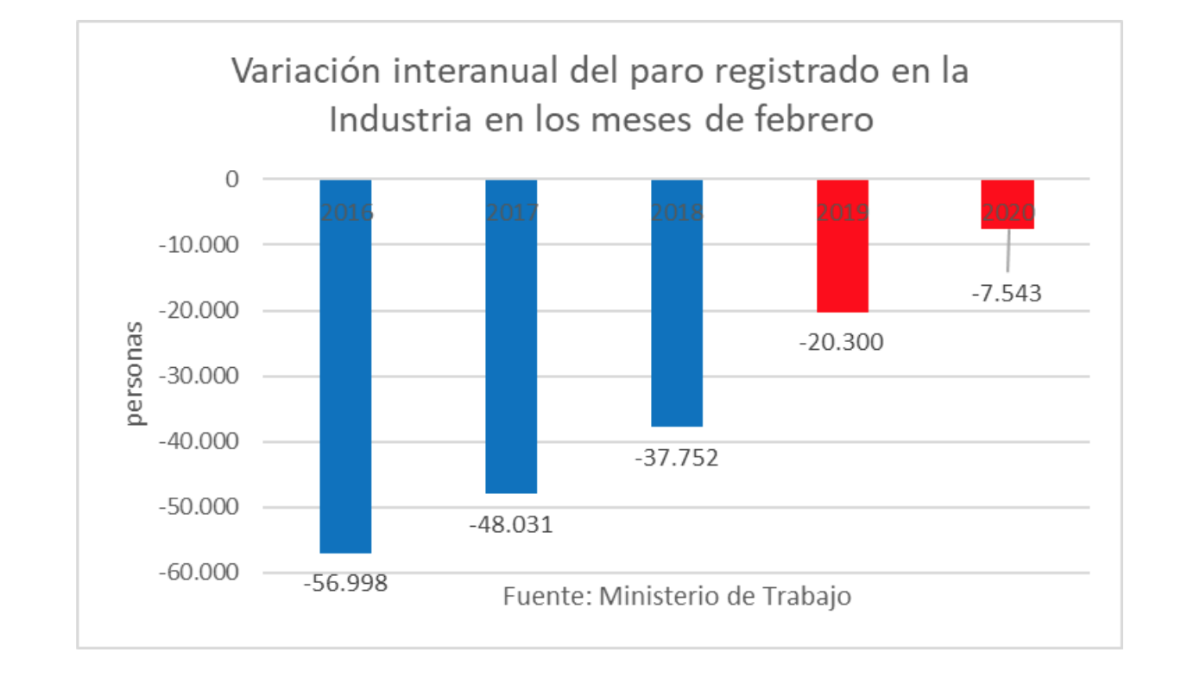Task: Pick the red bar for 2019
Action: coord(842,259)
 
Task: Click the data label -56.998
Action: coord(345,584)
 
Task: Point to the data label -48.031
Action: coord(510,524)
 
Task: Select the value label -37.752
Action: coord(676,458)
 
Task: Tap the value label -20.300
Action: coord(842,343)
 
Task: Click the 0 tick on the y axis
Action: coord(231,180)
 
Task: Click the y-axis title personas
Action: coord(136,373)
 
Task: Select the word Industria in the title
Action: coord(401,119)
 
